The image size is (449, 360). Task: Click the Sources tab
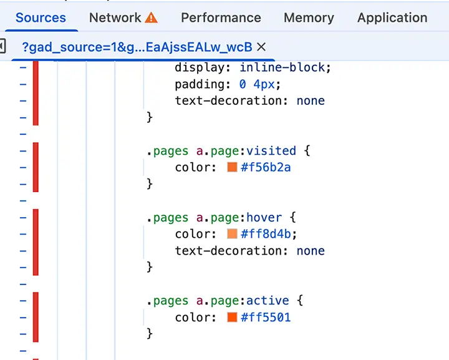coord(41,17)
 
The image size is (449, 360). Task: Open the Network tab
coord(115,17)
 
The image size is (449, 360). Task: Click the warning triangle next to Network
coord(152,17)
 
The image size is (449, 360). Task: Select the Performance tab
coord(221,17)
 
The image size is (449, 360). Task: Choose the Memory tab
coord(309,17)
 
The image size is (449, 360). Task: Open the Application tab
coord(392,17)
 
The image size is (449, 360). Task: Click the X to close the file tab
coord(261,47)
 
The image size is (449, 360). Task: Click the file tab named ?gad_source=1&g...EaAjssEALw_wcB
coord(137,47)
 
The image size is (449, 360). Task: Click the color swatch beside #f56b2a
coord(232,167)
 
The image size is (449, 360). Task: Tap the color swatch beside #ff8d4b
coord(232,234)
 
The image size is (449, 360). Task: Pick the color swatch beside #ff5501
coord(232,318)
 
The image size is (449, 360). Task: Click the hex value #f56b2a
coord(266,167)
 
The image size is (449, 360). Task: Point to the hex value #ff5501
coord(266,318)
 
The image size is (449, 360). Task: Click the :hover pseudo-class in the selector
coord(264,218)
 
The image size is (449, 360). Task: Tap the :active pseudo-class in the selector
coord(268,301)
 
